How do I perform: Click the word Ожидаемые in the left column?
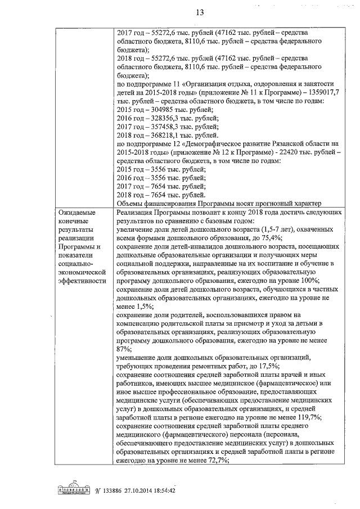coord(77,213)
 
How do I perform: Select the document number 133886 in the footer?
coord(117,490)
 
